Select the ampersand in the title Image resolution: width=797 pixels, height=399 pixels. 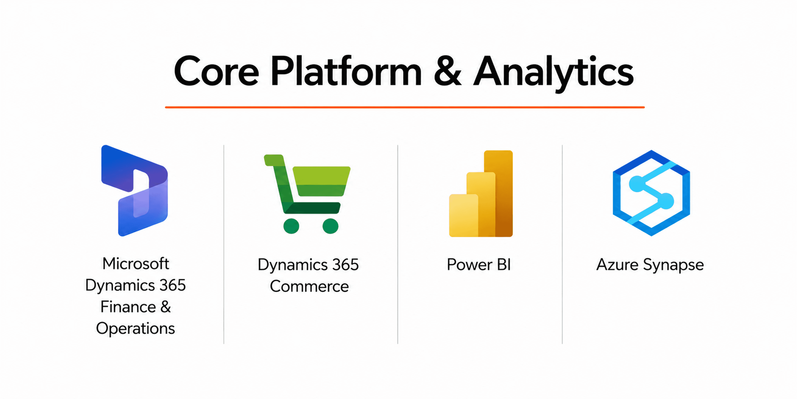pos(447,71)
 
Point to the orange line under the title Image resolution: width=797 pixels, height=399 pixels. pos(405,107)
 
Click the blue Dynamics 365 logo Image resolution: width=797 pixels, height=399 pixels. pos(135,191)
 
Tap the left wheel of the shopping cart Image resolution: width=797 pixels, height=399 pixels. pos(291,226)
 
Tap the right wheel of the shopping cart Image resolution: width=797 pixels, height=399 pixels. pos(330,226)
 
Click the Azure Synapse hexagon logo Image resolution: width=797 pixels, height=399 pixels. pos(651,193)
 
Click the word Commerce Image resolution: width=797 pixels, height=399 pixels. pos(309,286)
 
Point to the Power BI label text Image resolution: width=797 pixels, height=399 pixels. pos(479,265)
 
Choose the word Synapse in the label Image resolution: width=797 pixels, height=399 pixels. pos(674,266)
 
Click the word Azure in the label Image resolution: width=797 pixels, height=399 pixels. pos(617,265)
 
